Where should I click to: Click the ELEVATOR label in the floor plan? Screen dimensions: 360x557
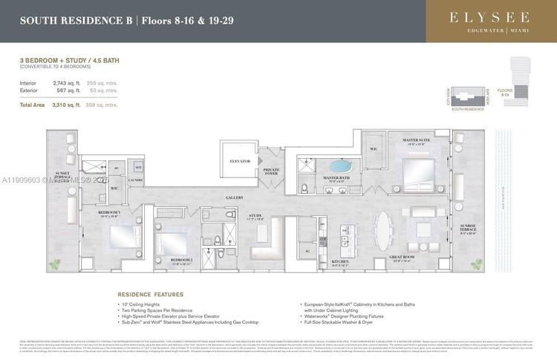(x=240, y=160)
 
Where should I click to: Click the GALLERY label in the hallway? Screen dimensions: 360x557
(x=214, y=197)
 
